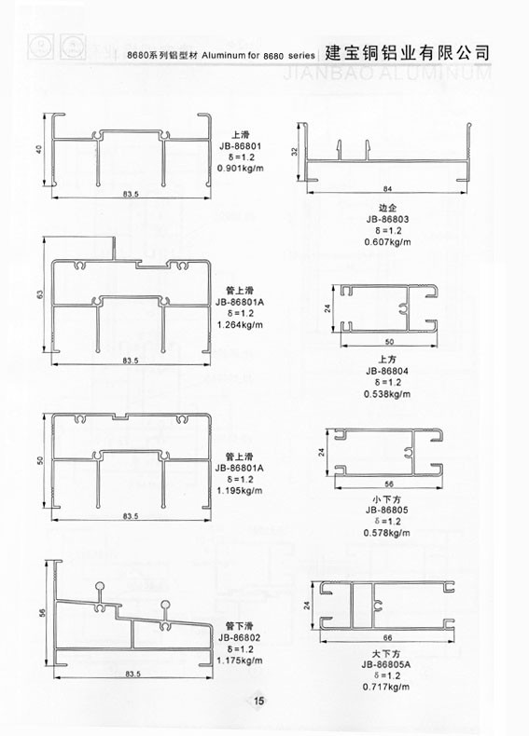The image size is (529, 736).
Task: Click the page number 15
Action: pos(259,702)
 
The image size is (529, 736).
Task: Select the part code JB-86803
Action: pos(387,219)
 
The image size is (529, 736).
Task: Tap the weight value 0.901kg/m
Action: pos(241,168)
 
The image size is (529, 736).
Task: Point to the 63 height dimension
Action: pos(40,294)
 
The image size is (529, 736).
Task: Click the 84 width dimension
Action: pos(387,189)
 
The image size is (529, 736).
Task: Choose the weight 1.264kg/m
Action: pos(240,325)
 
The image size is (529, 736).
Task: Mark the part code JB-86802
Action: pos(240,637)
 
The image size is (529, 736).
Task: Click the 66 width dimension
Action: pos(387,637)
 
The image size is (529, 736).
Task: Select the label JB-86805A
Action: pos(386,664)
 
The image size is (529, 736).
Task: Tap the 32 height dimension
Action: pos(295,152)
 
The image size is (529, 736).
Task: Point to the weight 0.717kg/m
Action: pos(386,687)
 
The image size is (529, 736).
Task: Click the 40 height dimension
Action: pos(39,149)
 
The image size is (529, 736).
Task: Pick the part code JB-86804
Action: pos(387,372)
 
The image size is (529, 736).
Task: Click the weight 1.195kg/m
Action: pos(240,490)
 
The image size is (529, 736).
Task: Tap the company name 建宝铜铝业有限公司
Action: pos(408,52)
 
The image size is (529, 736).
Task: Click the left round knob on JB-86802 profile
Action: pos(99,586)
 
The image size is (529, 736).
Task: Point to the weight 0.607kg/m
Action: pos(387,242)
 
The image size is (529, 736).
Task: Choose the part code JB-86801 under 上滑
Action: pos(241,145)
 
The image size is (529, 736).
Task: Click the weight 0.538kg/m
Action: pos(387,394)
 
